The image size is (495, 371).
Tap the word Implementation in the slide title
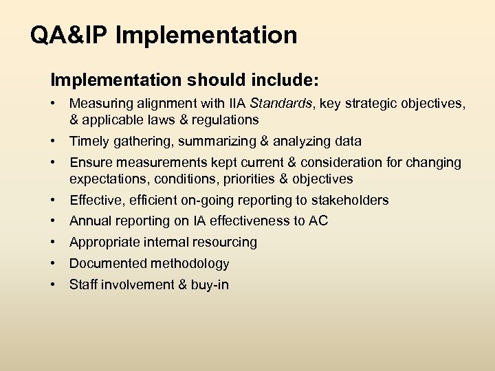206,35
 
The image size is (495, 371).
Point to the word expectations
106,179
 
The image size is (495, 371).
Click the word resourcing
224,243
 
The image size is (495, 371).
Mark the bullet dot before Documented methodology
53,263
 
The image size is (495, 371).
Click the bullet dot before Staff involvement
53,284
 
